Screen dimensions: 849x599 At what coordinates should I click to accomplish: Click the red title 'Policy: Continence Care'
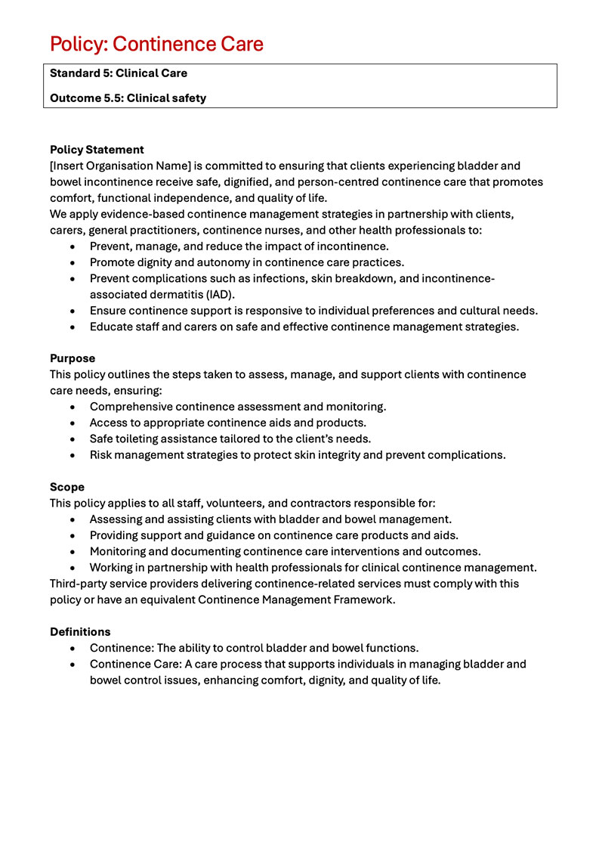point(156,44)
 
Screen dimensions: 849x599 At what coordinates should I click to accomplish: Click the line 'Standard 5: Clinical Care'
point(119,73)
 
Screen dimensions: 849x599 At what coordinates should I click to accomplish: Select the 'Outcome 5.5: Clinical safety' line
point(128,98)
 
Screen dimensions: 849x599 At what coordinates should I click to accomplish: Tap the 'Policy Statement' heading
point(97,150)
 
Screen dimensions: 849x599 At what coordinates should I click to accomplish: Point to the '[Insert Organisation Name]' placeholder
point(121,166)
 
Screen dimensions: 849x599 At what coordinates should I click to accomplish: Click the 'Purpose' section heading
point(73,358)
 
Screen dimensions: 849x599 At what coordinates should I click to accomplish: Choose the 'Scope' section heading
point(67,487)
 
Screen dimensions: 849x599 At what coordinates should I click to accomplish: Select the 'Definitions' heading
point(80,631)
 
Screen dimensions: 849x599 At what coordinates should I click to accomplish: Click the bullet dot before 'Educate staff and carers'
point(72,327)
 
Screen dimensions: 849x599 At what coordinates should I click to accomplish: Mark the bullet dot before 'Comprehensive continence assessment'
point(72,407)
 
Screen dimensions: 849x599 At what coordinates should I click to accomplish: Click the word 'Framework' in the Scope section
point(361,600)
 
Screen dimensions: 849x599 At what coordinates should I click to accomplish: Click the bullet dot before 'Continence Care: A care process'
point(72,665)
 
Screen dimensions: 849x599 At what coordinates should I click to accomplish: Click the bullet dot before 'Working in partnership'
point(72,568)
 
